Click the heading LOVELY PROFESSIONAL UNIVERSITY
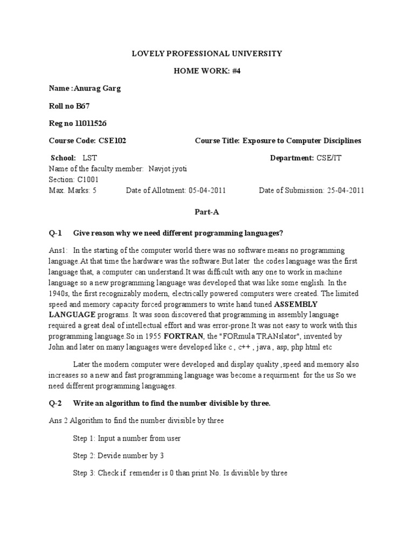(x=207, y=53)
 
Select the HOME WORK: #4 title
(x=207, y=71)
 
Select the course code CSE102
(x=113, y=140)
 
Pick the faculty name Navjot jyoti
(x=165, y=169)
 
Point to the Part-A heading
(x=207, y=212)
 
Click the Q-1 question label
(x=56, y=233)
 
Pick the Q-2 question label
(x=56, y=403)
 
